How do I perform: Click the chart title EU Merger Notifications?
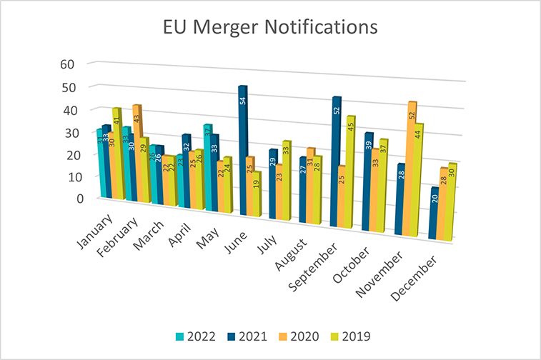click(x=270, y=28)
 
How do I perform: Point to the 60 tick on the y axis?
click(x=67, y=64)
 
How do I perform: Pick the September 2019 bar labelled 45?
click(x=351, y=171)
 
